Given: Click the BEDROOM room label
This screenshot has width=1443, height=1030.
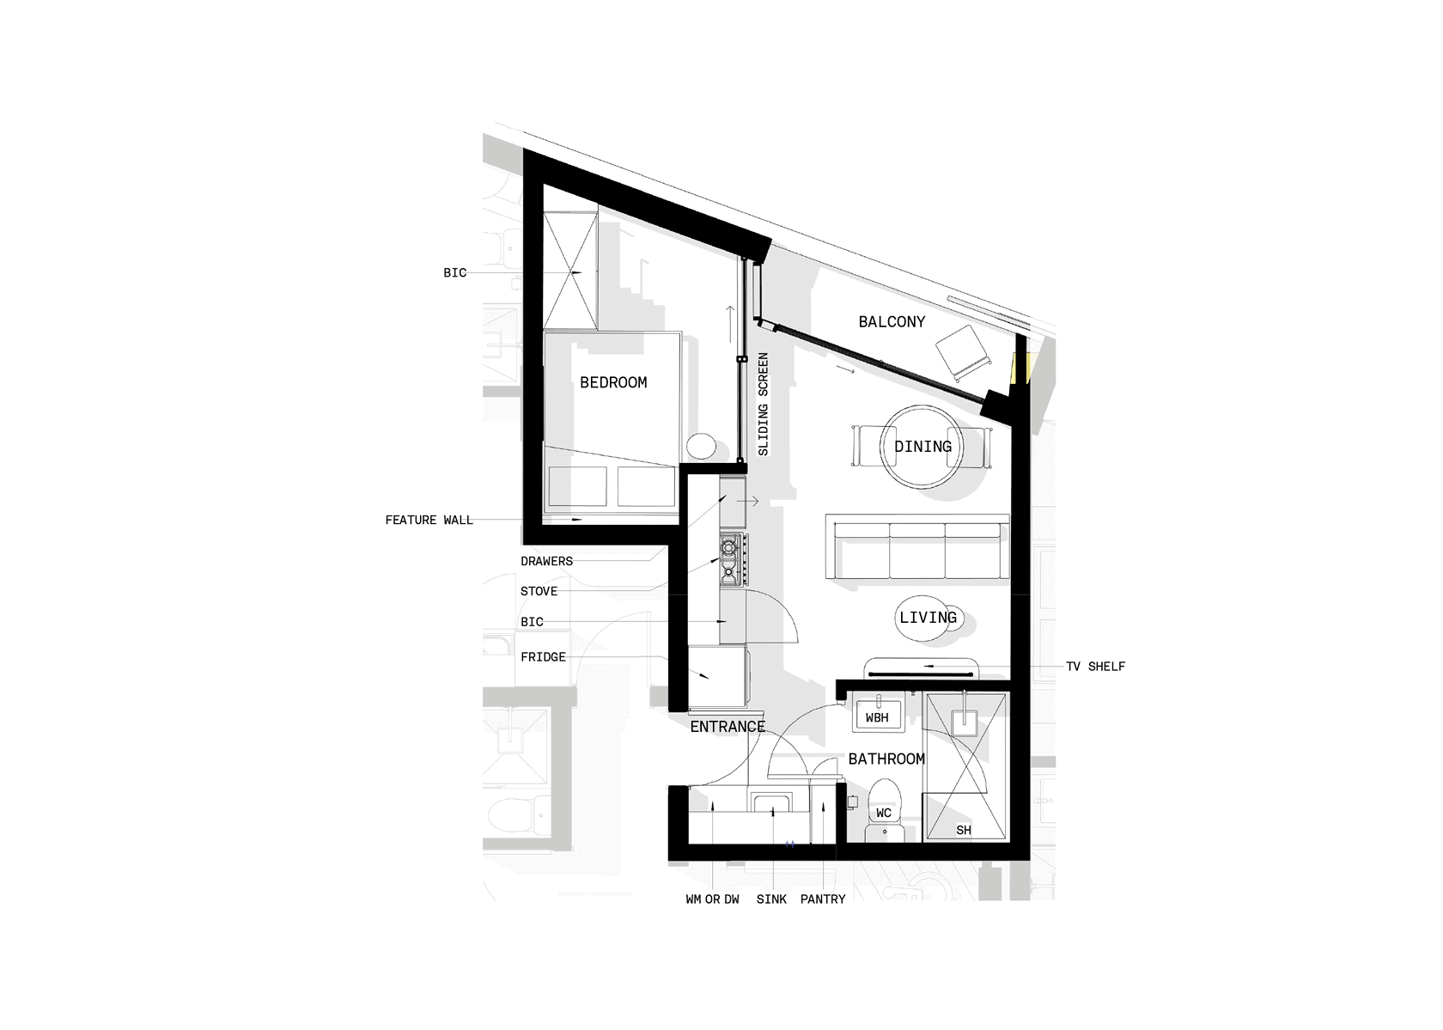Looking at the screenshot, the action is click(x=613, y=382).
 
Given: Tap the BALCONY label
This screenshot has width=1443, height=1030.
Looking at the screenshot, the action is click(x=892, y=321).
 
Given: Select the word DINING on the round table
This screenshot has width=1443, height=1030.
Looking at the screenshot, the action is click(x=922, y=447).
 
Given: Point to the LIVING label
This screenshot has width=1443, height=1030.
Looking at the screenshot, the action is click(x=928, y=618).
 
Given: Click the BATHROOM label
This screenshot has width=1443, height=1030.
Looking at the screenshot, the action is click(x=886, y=759).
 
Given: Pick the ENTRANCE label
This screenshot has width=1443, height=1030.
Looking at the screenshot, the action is click(x=728, y=727).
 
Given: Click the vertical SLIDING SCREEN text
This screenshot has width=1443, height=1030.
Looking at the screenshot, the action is click(x=764, y=405).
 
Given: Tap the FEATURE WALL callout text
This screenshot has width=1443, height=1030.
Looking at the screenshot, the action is click(x=429, y=520).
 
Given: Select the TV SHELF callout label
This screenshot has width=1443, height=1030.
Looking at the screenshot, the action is click(x=1095, y=667).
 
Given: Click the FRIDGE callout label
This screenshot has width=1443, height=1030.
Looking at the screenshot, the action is click(x=543, y=657).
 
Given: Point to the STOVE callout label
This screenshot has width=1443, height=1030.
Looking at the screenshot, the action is click(x=539, y=591).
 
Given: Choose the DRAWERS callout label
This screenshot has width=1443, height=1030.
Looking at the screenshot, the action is click(x=546, y=561).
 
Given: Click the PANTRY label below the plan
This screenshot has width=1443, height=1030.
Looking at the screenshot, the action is click(x=823, y=899).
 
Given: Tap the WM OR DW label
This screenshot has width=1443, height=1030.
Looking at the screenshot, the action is click(x=713, y=899).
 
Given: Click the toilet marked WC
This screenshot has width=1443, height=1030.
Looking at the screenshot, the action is click(x=884, y=810).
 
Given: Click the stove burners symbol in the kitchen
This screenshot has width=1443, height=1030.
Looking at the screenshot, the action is click(x=734, y=559).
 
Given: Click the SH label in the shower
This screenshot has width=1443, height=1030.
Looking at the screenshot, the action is click(x=964, y=831).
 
